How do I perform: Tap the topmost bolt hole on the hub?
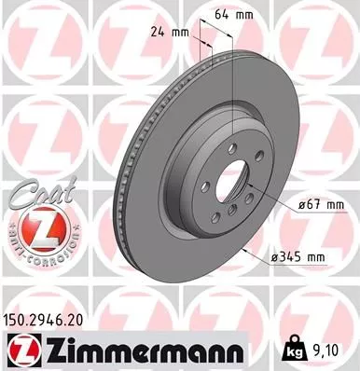point(232,143)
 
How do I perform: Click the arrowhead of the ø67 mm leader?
point(250,183)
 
